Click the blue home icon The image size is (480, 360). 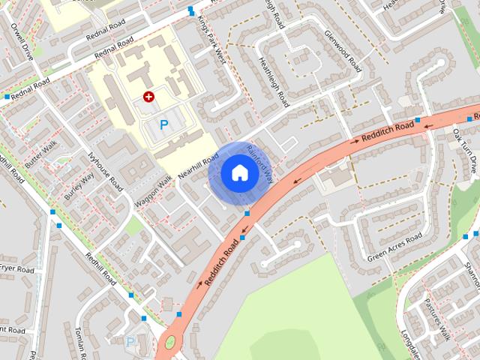(239, 172)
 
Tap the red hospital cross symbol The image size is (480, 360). (148, 97)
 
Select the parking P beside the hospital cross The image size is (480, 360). (164, 124)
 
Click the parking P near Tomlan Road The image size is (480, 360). (130, 342)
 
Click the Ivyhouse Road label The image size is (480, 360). (105, 172)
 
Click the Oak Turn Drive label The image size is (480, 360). (464, 152)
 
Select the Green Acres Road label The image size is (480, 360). (394, 247)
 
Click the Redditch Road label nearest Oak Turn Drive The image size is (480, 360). (388, 132)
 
